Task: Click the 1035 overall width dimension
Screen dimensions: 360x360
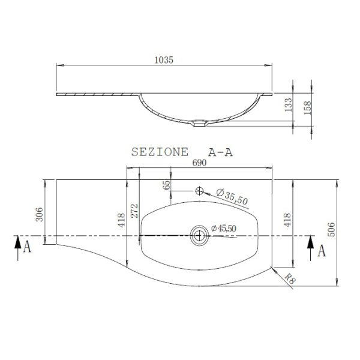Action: tap(164, 60)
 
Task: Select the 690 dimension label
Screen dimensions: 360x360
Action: tap(199, 163)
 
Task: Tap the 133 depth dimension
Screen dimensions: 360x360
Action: tap(289, 104)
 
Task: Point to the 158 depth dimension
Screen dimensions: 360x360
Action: tap(307, 107)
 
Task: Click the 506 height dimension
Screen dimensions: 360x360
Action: tap(331, 229)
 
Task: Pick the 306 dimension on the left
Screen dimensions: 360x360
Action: tap(39, 214)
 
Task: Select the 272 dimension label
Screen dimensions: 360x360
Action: tap(134, 211)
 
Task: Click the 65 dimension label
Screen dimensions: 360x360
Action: tap(167, 185)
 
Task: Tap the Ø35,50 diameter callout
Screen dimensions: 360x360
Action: tap(232, 197)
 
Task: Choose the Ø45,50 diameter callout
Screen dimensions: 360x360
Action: tap(224, 229)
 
